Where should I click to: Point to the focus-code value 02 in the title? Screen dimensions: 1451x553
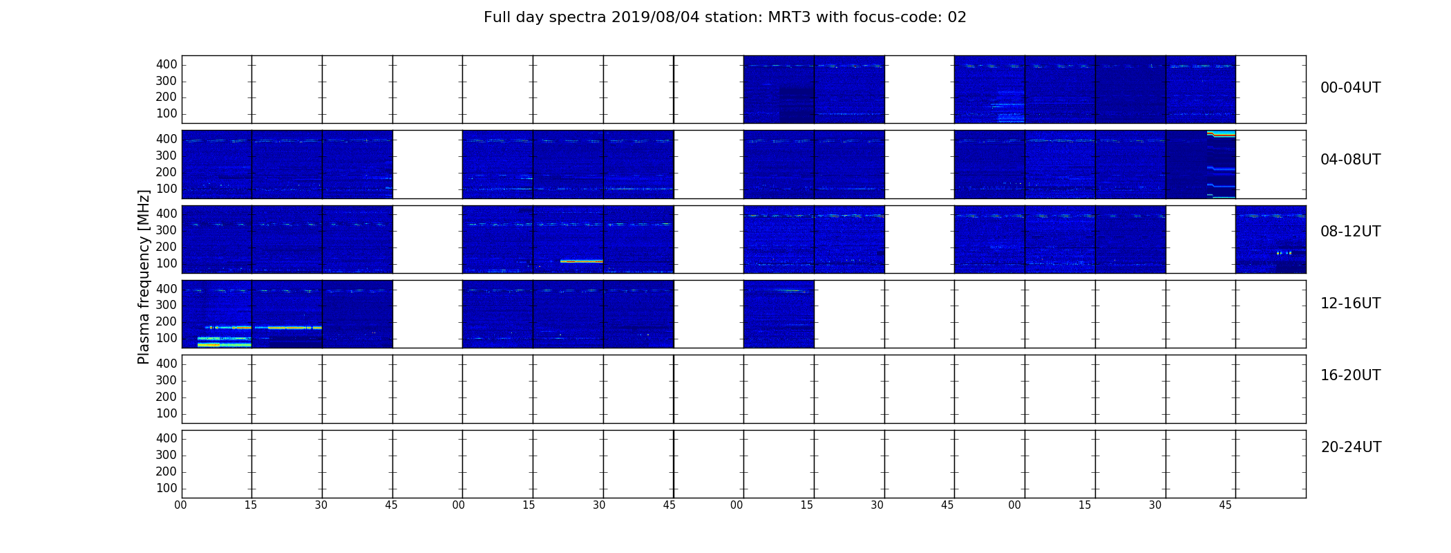[957, 17]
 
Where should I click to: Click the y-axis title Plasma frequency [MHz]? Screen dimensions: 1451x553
[144, 276]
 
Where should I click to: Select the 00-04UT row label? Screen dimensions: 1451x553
[1351, 88]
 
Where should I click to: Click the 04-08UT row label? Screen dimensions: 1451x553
[1351, 160]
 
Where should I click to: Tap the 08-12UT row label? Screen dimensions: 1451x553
[1351, 232]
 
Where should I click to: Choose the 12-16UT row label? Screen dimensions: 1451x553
[1351, 303]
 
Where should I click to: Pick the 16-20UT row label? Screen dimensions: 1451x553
[1351, 375]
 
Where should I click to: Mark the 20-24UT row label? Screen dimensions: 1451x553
[1351, 447]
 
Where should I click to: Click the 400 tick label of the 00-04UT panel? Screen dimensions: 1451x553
[167, 64]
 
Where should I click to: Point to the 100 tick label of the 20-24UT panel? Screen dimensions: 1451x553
[167, 488]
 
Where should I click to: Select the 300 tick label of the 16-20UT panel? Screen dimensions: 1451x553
[167, 380]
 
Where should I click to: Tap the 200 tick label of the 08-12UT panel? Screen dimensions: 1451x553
[167, 247]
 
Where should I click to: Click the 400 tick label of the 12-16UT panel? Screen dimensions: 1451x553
[167, 289]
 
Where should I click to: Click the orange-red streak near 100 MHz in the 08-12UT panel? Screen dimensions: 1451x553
[582, 261]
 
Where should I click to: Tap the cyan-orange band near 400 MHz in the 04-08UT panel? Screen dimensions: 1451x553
[1222, 133]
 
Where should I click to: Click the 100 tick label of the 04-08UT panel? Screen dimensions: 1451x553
[167, 189]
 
